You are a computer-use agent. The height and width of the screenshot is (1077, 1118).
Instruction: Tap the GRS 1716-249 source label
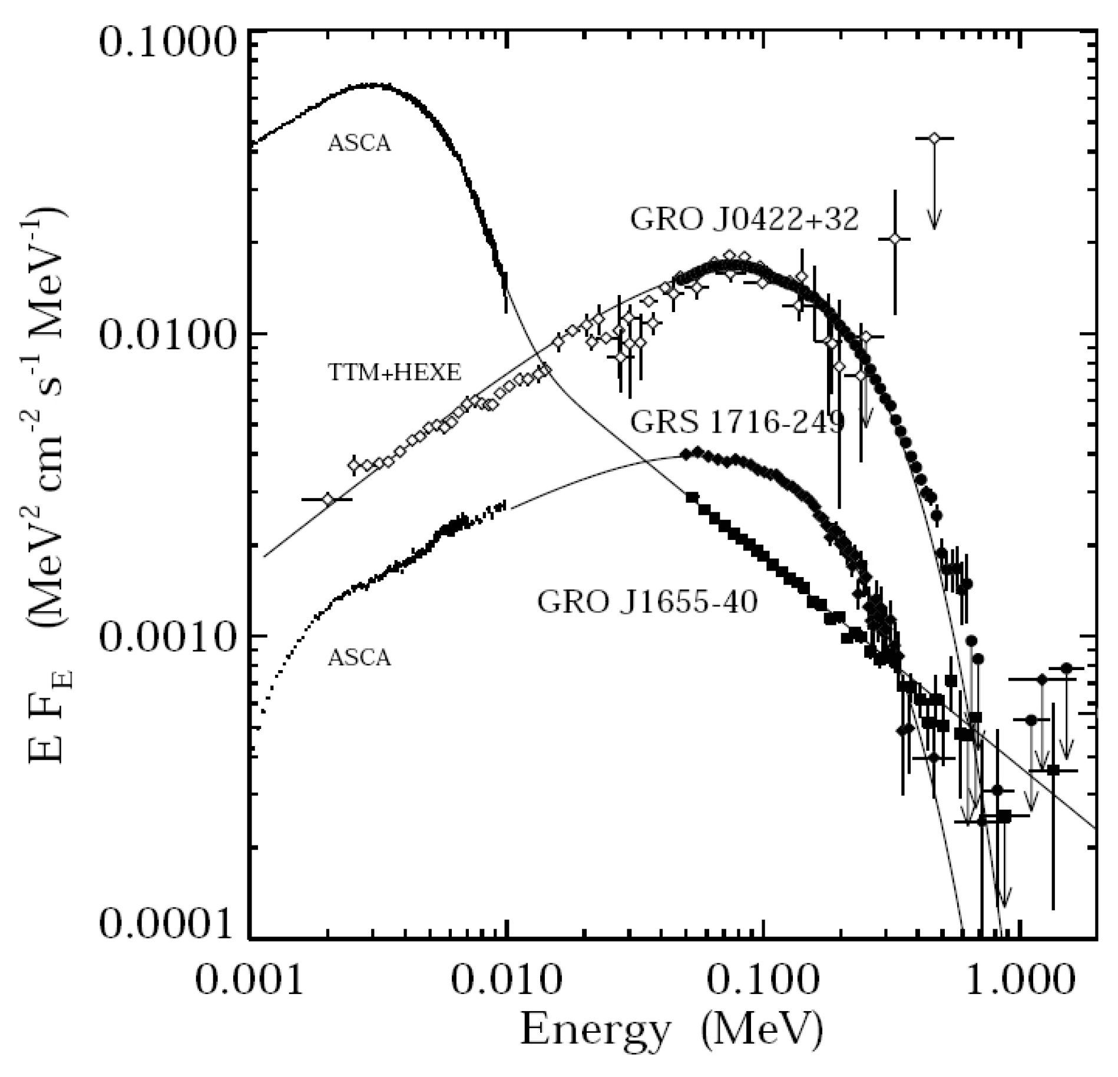(x=737, y=422)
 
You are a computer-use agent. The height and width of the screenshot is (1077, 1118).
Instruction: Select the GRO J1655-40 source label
(x=647, y=602)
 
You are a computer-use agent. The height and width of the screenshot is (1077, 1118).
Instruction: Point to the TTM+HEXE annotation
(x=394, y=372)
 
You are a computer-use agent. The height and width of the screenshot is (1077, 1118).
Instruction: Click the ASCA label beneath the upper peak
(x=359, y=143)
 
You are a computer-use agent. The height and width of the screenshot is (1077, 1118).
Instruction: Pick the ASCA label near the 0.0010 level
(x=359, y=657)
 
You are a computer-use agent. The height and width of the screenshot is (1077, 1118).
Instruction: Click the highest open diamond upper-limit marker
(x=934, y=138)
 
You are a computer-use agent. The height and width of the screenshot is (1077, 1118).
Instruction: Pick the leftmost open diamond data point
(x=328, y=499)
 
